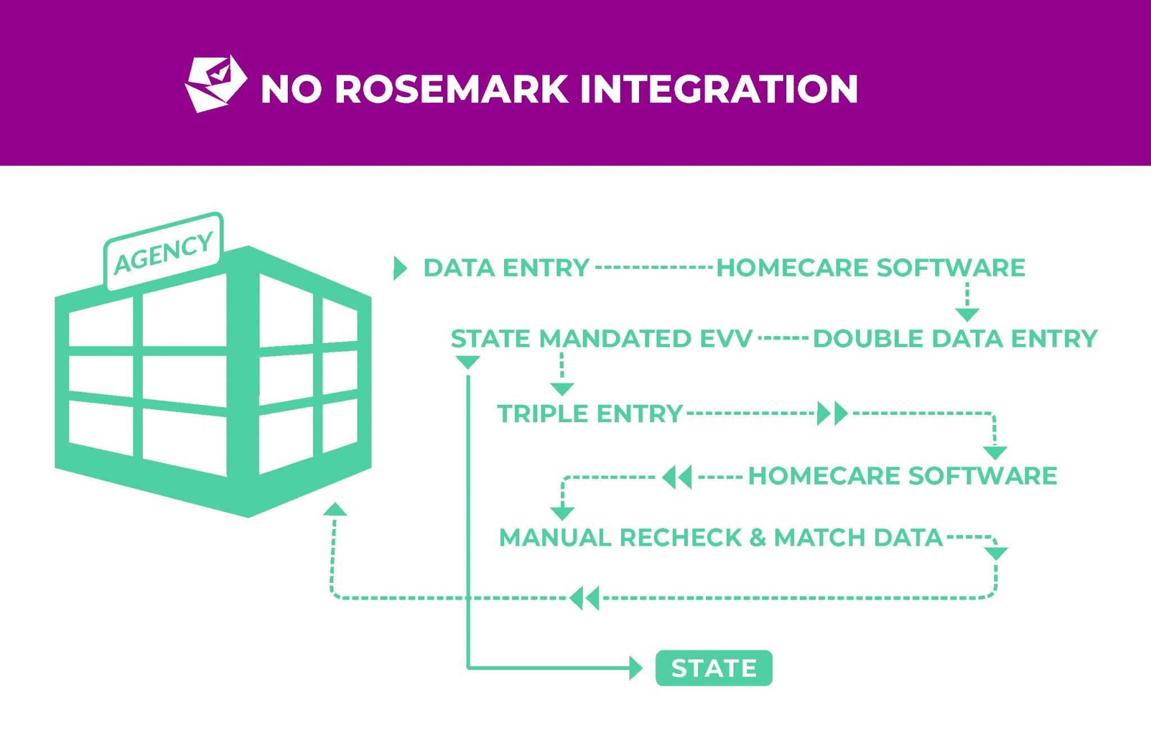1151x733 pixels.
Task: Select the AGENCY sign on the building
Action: (x=164, y=251)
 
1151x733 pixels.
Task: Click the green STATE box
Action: (x=713, y=668)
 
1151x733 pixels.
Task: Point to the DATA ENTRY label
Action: (x=506, y=268)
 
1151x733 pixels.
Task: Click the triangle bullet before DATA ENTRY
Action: (x=400, y=268)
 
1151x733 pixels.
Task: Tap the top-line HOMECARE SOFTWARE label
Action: (x=871, y=268)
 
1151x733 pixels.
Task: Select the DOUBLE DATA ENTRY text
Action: (x=955, y=339)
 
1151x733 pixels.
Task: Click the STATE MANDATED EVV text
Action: (x=601, y=339)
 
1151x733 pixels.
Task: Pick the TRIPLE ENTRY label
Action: (x=590, y=414)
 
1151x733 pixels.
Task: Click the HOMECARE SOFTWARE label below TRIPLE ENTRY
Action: (x=902, y=476)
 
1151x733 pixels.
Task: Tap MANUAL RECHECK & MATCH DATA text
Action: (x=720, y=538)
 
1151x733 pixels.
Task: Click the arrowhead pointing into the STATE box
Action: (x=636, y=668)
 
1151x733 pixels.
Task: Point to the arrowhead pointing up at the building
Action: (x=335, y=509)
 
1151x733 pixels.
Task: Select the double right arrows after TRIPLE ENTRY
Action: (x=832, y=414)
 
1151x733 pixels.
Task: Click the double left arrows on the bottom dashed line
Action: (x=584, y=598)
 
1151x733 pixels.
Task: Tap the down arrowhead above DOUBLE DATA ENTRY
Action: (x=967, y=314)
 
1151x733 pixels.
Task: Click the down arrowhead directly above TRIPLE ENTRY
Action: (x=561, y=389)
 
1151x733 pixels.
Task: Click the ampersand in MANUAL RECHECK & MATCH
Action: (x=757, y=538)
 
